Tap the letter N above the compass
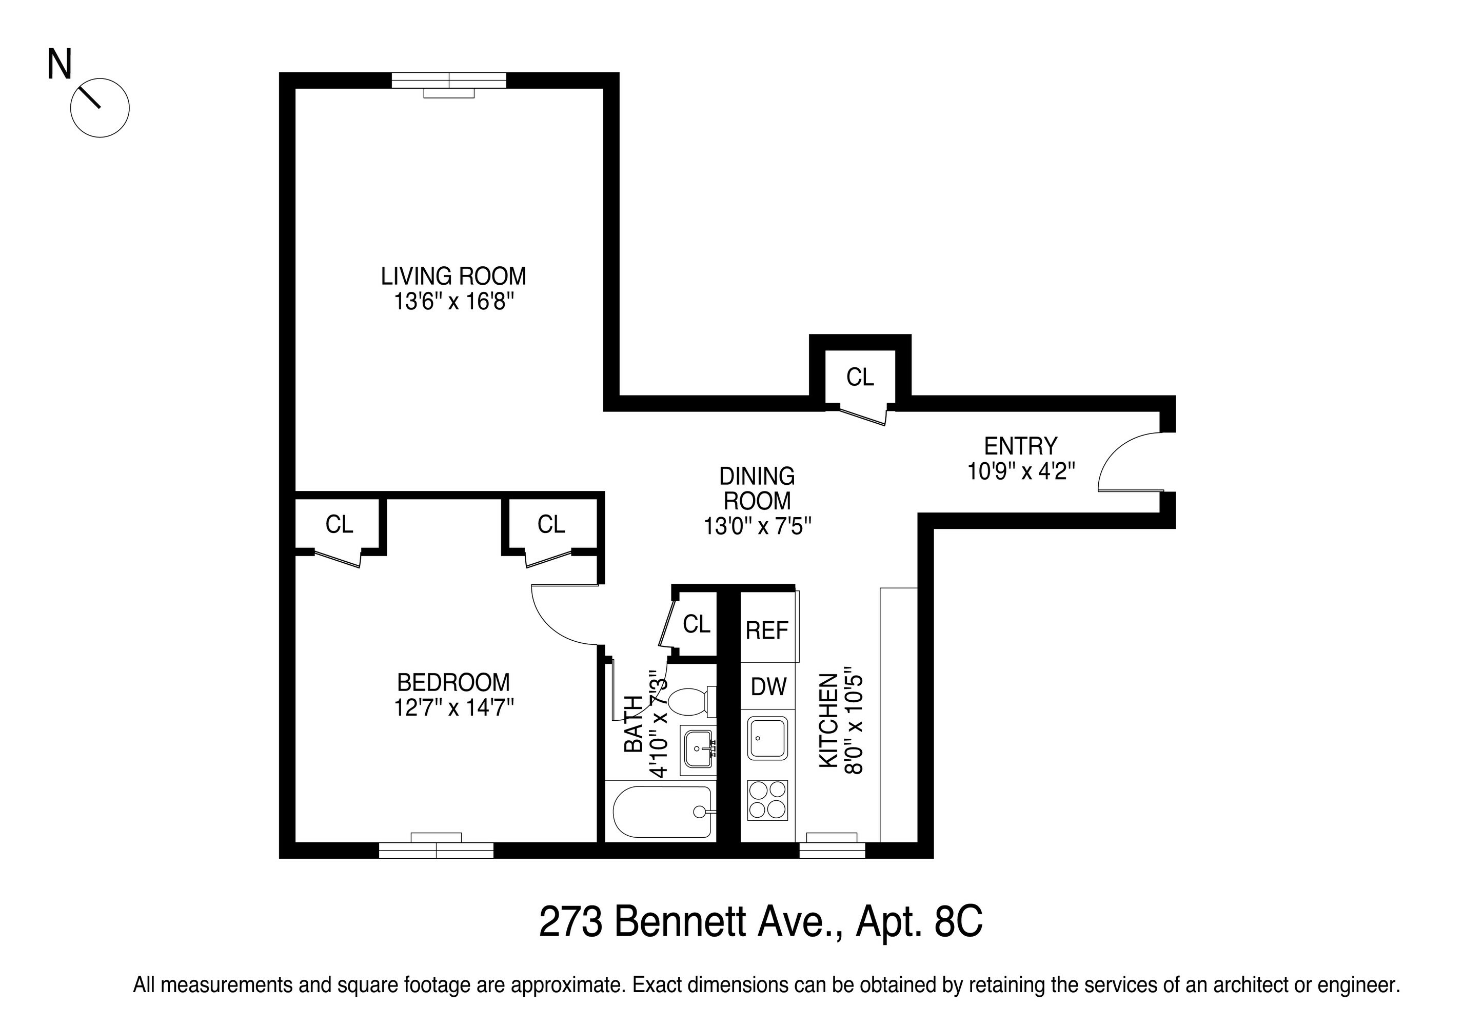pyautogui.click(x=60, y=65)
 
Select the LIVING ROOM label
pyautogui.click(x=453, y=276)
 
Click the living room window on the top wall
pyautogui.click(x=449, y=81)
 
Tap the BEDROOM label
pyautogui.click(x=453, y=682)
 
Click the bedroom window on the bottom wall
pyautogui.click(x=437, y=850)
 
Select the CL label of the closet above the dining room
pyautogui.click(x=860, y=378)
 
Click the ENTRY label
pyautogui.click(x=1021, y=446)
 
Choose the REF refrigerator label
pyautogui.click(x=767, y=630)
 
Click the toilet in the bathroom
pyautogui.click(x=688, y=702)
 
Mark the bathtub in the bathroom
pyautogui.click(x=661, y=812)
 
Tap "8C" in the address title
pyautogui.click(x=958, y=921)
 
